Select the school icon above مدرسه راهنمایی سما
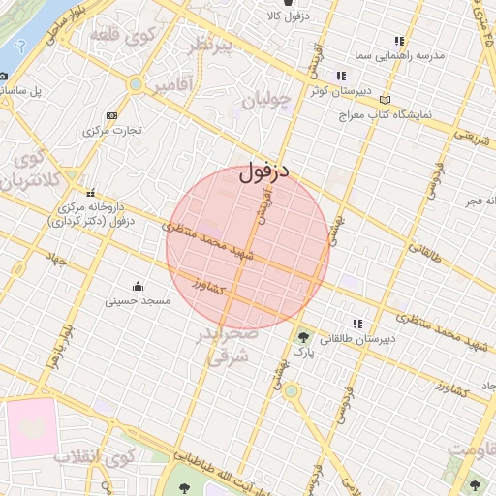[x=398, y=41]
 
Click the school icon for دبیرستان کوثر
[x=340, y=76]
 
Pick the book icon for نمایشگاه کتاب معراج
[x=386, y=99]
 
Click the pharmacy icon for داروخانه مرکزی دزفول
[x=90, y=191]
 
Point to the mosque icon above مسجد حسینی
[x=138, y=286]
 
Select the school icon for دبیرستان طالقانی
[x=357, y=324]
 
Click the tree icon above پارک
[x=305, y=337]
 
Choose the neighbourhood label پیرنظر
[x=211, y=46]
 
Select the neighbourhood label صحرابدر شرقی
[x=230, y=346]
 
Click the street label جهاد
[x=54, y=260]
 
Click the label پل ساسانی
[x=35, y=92]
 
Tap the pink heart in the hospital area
[x=33, y=425]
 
